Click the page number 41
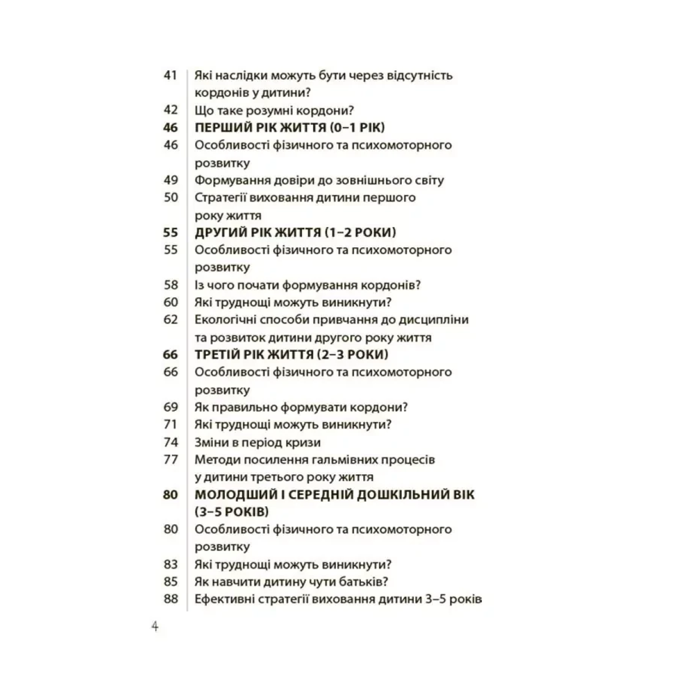pyautogui.click(x=170, y=75)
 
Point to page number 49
pyautogui.click(x=170, y=180)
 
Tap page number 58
pyautogui.click(x=170, y=285)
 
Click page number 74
pyautogui.click(x=170, y=442)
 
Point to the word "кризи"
pyautogui.click(x=305, y=442)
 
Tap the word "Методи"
pyautogui.click(x=216, y=459)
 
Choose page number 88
pyautogui.click(x=170, y=599)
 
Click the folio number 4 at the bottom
pyautogui.click(x=154, y=628)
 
